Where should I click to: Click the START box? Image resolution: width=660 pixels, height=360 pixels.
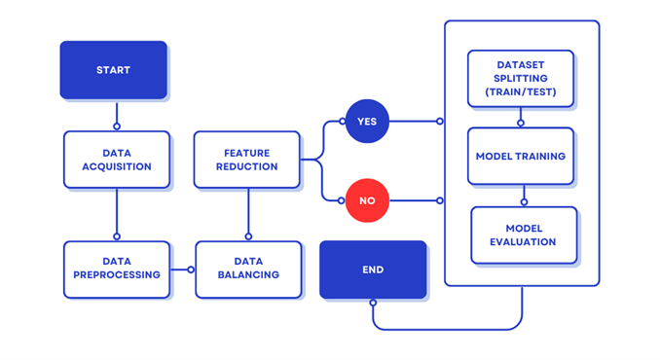(x=114, y=70)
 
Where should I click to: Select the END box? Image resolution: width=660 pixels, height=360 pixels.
(x=373, y=270)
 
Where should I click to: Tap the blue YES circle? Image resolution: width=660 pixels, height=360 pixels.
(x=367, y=121)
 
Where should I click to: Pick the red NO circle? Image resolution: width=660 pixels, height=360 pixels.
(x=367, y=200)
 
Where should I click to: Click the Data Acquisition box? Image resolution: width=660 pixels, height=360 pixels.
(x=117, y=160)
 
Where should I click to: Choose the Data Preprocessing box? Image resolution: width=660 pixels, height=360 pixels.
(x=117, y=270)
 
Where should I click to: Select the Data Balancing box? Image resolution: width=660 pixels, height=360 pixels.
(x=248, y=270)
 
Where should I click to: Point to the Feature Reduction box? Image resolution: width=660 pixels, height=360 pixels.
(x=246, y=160)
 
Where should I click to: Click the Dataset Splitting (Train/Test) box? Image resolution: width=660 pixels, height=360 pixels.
(x=521, y=78)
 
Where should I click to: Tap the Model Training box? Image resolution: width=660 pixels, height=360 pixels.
(x=521, y=156)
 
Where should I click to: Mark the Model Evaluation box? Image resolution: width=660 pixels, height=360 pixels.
(x=524, y=235)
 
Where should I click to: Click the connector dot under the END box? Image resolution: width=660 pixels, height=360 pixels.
(x=373, y=303)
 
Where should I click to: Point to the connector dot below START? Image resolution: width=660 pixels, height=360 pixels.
(x=117, y=126)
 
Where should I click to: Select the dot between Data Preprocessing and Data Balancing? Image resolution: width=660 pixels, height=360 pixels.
(x=191, y=270)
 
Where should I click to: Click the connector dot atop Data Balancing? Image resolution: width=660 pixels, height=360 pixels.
(x=248, y=236)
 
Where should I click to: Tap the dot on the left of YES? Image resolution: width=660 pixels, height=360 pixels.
(x=343, y=122)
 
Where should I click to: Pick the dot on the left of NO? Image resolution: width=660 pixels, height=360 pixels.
(x=342, y=200)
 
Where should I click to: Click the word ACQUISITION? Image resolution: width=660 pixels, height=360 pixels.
(x=117, y=166)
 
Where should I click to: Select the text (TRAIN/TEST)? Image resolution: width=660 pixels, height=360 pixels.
(x=521, y=91)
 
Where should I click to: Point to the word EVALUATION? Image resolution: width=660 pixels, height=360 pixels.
(x=523, y=242)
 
